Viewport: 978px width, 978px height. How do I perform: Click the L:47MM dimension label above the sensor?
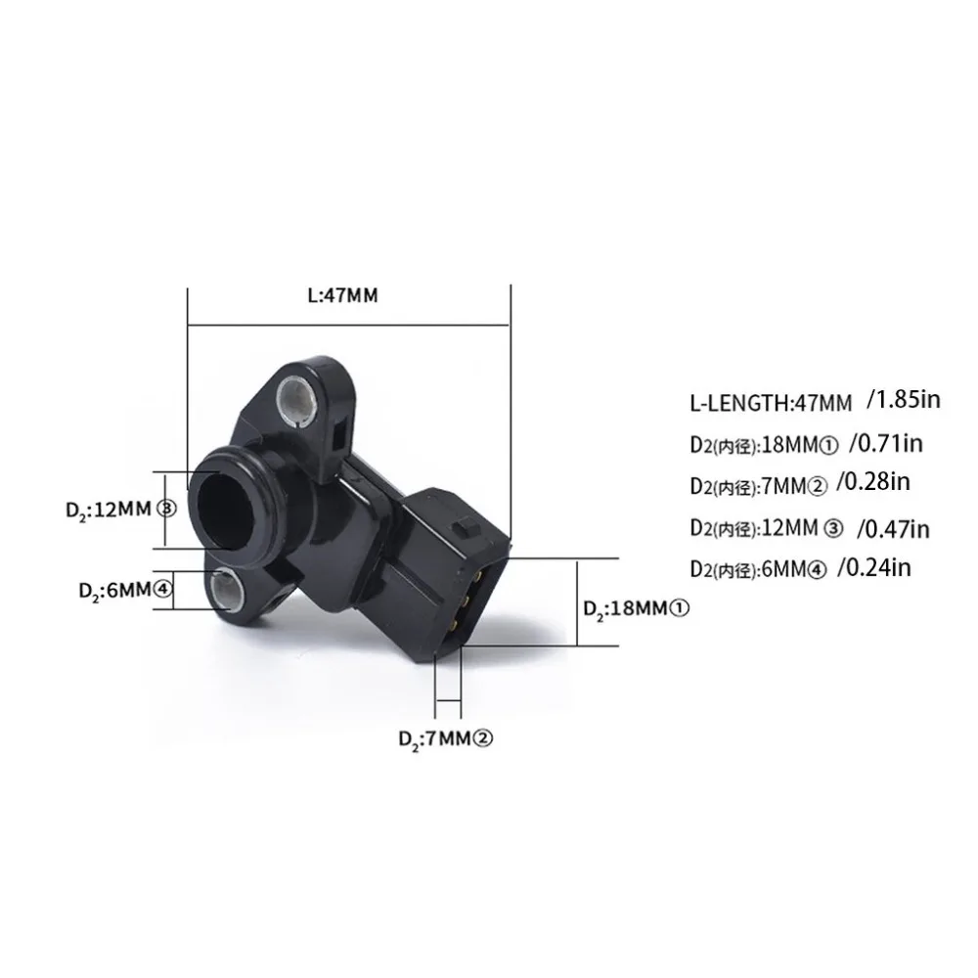343,294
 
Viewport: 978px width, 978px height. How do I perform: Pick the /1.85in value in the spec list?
903,399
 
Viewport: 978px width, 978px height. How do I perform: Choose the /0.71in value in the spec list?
886,443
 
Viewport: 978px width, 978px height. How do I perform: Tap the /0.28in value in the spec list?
873,481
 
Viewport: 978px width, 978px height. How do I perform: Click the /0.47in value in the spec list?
893,529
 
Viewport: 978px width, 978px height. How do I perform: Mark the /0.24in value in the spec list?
873,567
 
